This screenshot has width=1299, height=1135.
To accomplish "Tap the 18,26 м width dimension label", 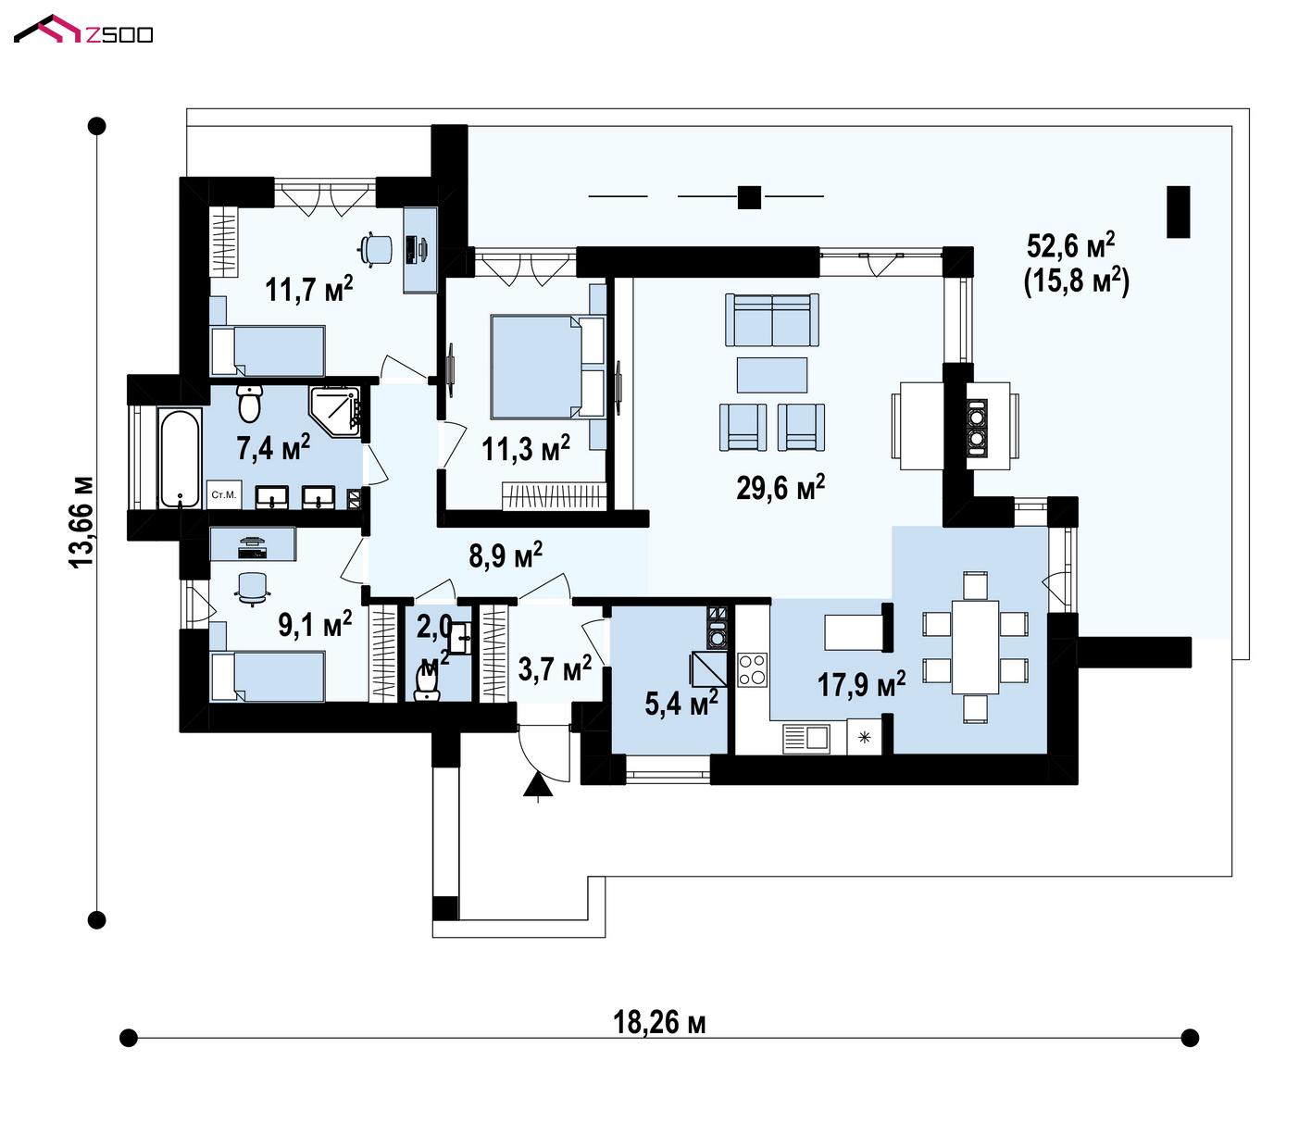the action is [x=659, y=1023].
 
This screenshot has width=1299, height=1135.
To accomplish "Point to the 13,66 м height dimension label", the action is [x=82, y=522].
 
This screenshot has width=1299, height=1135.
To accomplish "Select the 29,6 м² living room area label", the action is [x=781, y=487].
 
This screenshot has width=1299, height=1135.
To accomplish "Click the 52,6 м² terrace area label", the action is [x=1070, y=245].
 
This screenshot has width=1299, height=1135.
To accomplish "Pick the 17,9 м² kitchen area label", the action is [x=861, y=684].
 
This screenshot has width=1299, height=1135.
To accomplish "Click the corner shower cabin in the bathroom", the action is [x=334, y=412].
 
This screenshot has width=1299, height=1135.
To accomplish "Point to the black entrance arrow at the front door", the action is [x=538, y=785].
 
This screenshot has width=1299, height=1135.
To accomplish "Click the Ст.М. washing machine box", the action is [x=223, y=494].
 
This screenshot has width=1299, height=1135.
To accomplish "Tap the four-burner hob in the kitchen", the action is [x=752, y=669].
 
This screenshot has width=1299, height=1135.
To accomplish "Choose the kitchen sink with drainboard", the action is [x=806, y=738].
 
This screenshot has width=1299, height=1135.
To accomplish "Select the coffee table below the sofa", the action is [x=771, y=375].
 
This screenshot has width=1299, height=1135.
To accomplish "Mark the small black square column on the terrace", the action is [x=749, y=197].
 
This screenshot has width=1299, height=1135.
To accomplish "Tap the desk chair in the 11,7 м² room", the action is [x=377, y=248].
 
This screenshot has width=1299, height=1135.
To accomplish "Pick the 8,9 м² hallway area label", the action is [x=506, y=555].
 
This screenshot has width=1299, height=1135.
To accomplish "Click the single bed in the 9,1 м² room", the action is [x=268, y=677].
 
